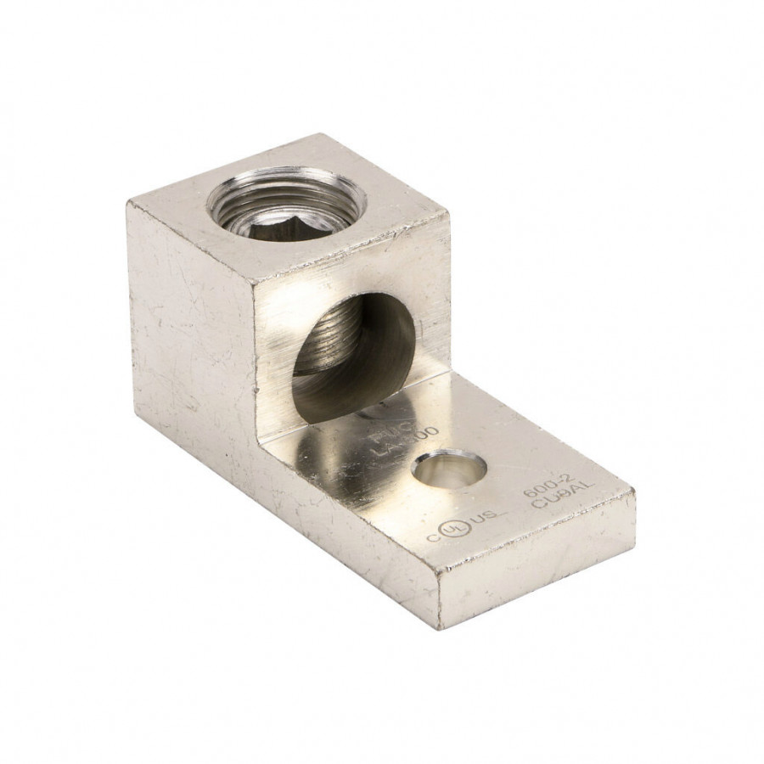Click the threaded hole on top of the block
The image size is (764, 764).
[x=286, y=202]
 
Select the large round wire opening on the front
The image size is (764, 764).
[x=351, y=357]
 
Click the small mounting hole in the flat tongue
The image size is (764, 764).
[x=448, y=469]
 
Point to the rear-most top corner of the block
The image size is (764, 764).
[x=320, y=135]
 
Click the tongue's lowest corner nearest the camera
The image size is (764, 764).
[x=440, y=626]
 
